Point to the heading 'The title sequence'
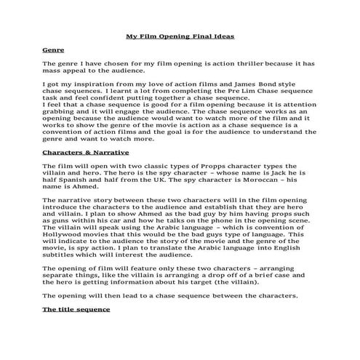tap(76, 309)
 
